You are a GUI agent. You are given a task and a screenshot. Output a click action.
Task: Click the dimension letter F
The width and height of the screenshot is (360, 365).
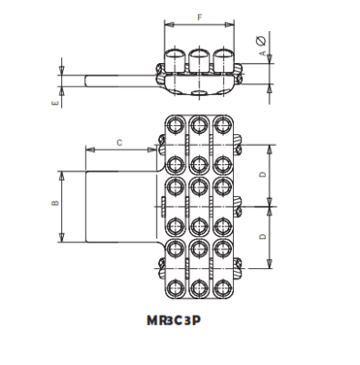click(x=198, y=16)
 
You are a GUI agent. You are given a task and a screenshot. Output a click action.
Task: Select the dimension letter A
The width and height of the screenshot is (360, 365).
click(x=263, y=55)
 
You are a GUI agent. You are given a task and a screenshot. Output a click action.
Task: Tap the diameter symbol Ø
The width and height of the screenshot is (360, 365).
click(x=262, y=39)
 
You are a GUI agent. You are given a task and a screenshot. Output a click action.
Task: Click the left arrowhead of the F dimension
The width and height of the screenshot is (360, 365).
click(x=167, y=25)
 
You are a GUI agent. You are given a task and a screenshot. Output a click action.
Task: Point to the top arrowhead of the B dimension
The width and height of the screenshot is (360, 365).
click(x=62, y=173)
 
